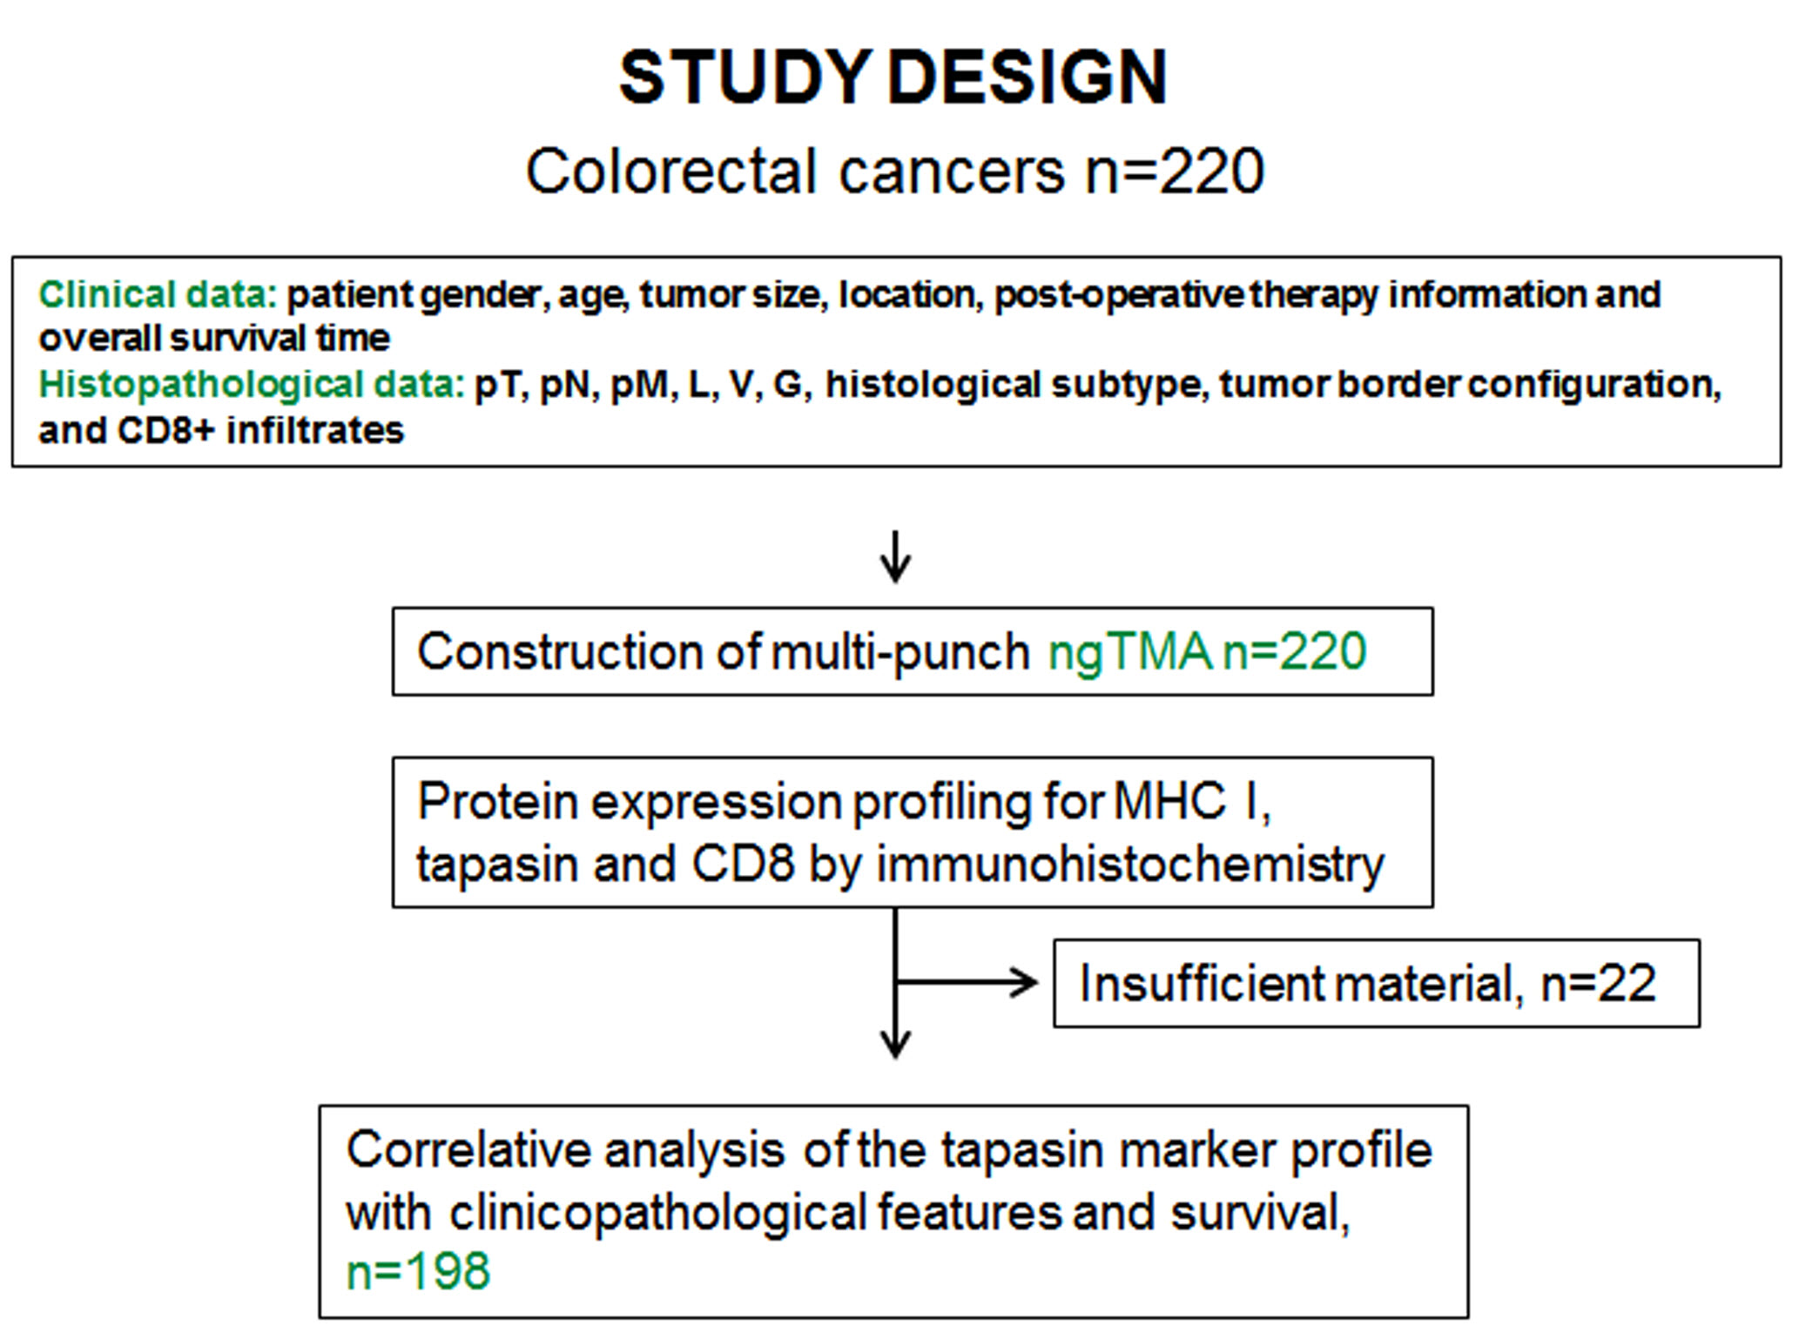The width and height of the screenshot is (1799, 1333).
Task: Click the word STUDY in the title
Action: pos(745,77)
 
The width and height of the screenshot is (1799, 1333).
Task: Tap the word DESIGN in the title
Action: pos(1028,77)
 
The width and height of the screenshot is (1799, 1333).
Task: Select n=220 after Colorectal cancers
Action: pos(1175,171)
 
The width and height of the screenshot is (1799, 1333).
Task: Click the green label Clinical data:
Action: pos(158,294)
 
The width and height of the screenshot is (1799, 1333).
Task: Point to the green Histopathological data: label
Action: pos(253,385)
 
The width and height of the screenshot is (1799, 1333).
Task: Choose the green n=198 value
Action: pos(418,1271)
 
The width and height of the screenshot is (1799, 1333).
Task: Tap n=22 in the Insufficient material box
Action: pos(1599,984)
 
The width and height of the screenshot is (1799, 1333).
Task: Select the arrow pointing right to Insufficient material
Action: pos(967,983)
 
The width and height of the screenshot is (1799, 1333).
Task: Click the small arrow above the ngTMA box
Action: pos(895,557)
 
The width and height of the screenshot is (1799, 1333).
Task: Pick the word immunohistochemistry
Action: pos(1130,865)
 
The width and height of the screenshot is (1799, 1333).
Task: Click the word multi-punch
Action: pos(900,653)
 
